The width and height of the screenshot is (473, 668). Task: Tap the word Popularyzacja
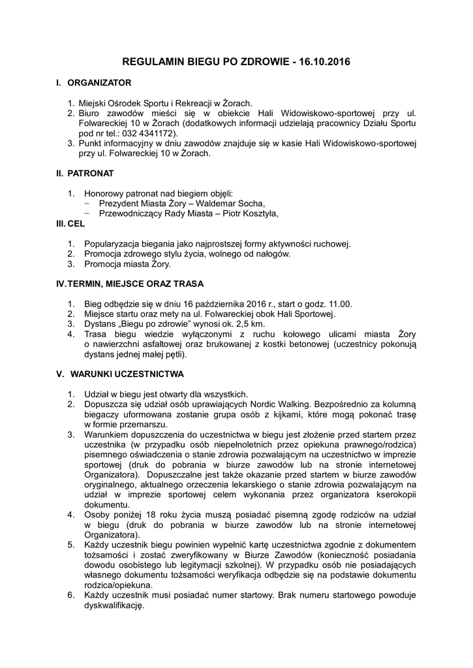click(x=114, y=243)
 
